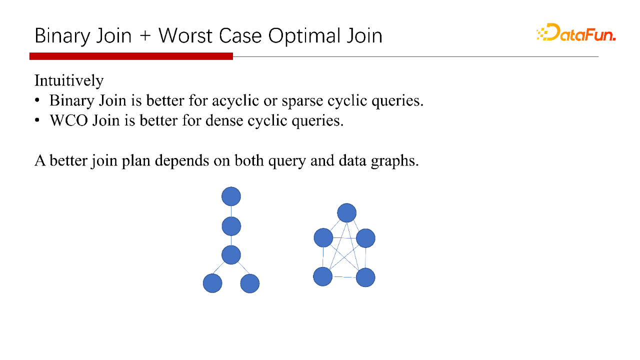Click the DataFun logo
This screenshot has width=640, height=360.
[576, 32]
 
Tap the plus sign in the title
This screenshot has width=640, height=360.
[145, 36]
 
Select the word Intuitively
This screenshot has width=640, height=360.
[69, 80]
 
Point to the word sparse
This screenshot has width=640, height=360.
[302, 101]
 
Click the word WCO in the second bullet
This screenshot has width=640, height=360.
[69, 120]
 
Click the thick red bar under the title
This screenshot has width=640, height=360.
[131, 56]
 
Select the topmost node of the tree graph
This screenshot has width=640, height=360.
[231, 196]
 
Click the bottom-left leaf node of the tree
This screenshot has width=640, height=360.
[212, 283]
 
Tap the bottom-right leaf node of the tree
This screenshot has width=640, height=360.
[250, 283]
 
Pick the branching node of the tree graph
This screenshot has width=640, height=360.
[231, 255]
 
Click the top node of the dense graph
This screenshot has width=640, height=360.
[347, 213]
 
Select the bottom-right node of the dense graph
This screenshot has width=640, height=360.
[365, 277]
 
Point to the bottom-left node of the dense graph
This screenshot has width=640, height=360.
[323, 276]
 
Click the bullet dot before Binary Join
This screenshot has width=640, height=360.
[37, 100]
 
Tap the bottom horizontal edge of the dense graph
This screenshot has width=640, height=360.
[344, 277]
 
